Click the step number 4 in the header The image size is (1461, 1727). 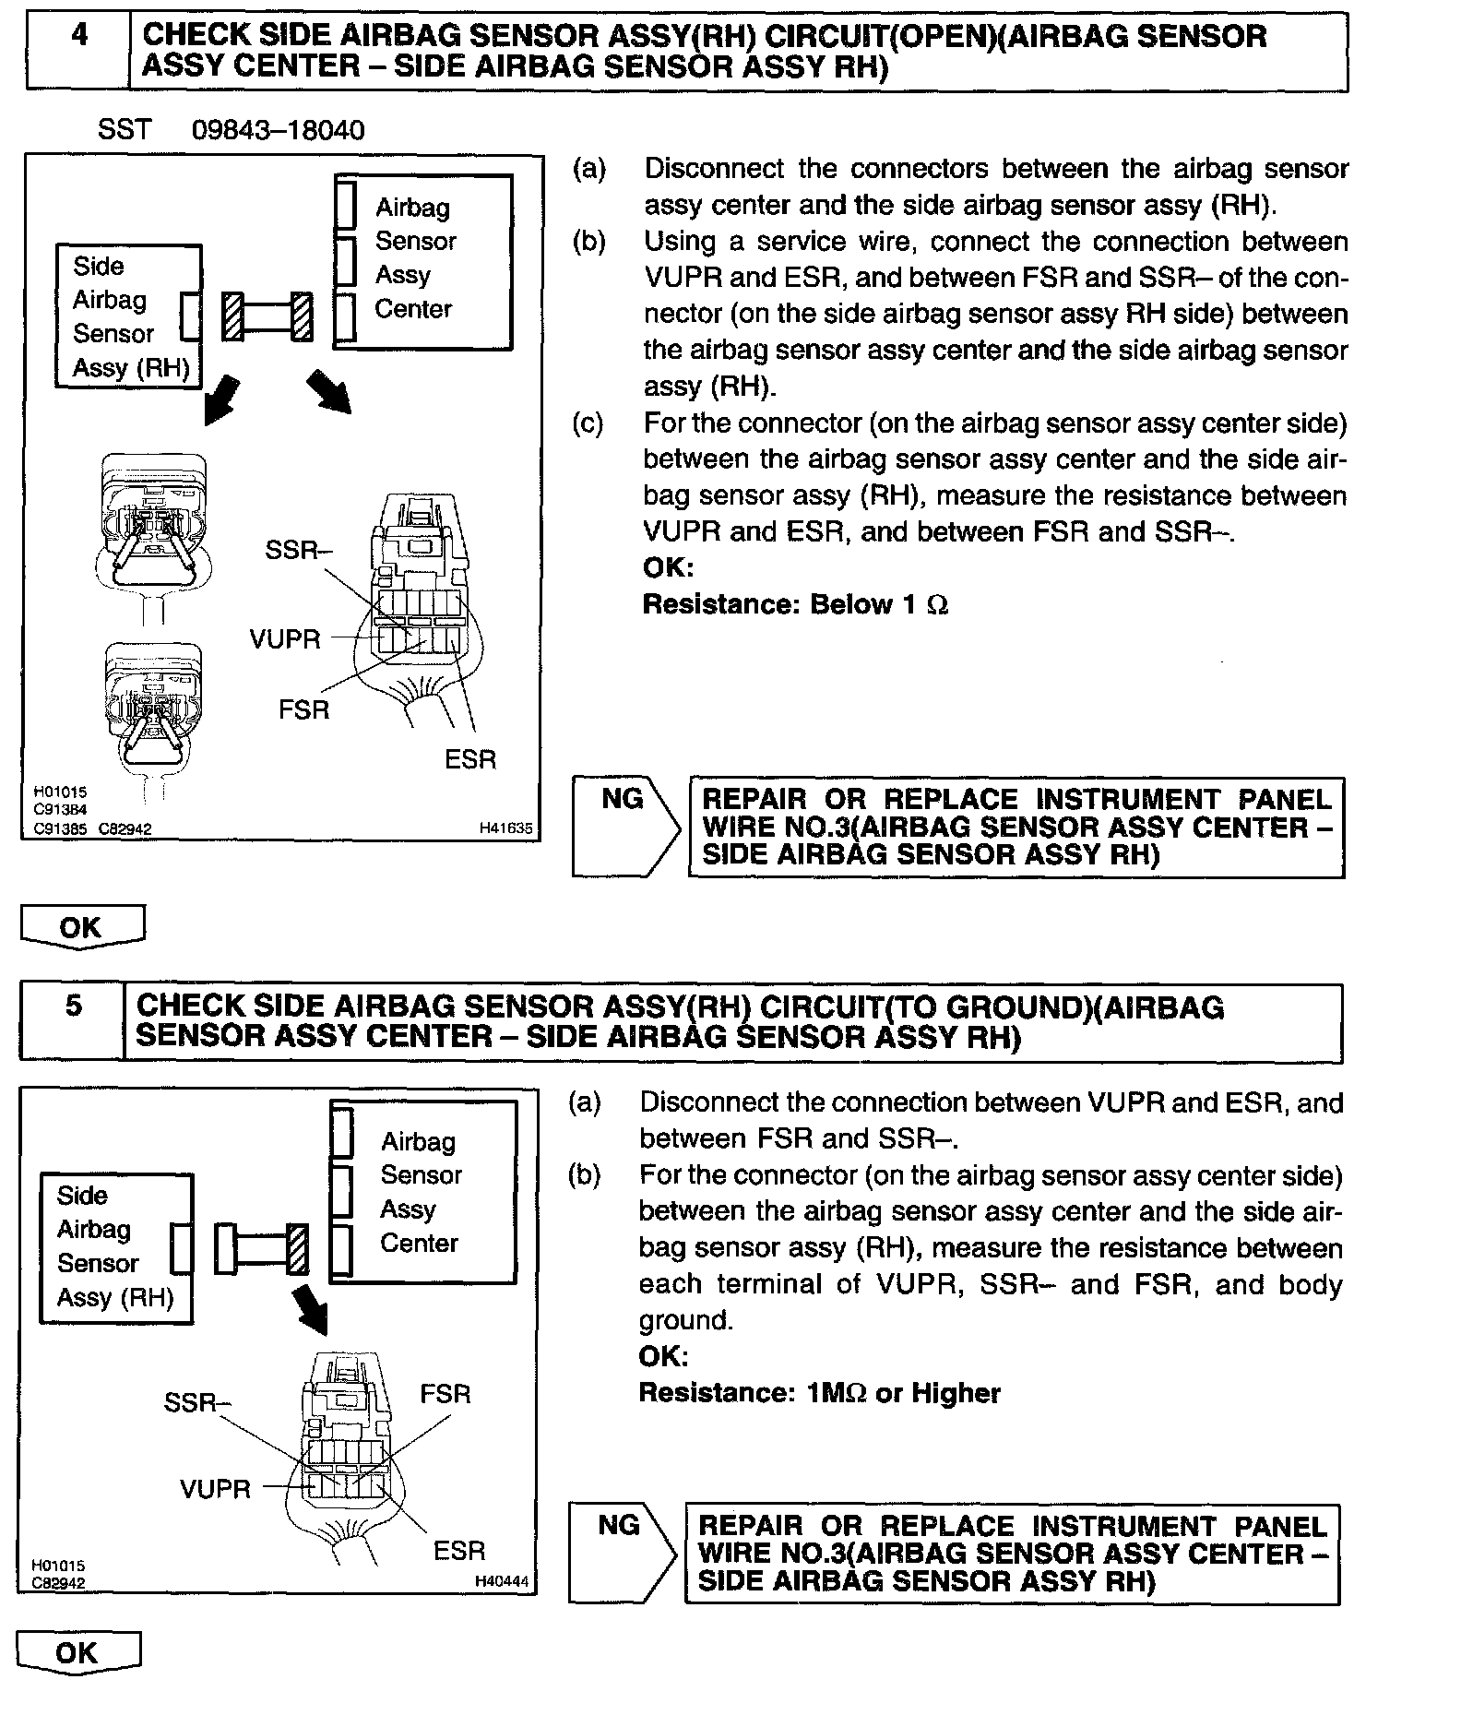pyautogui.click(x=79, y=36)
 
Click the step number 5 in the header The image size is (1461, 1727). pyautogui.click(x=73, y=1006)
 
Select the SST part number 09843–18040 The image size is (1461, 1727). pyautogui.click(x=278, y=130)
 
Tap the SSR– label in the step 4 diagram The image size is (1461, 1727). pyautogui.click(x=298, y=550)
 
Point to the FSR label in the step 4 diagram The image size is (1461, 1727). pyautogui.click(x=303, y=709)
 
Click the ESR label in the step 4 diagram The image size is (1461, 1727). pyautogui.click(x=469, y=759)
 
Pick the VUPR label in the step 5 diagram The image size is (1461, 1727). pyautogui.click(x=215, y=1489)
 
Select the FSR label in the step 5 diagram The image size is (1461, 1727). pyautogui.click(x=445, y=1394)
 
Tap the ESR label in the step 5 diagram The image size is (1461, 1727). pyautogui.click(x=458, y=1551)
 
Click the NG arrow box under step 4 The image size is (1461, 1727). pyautogui.click(x=624, y=826)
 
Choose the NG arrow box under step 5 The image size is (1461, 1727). pyautogui.click(x=621, y=1554)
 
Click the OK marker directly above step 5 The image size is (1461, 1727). pyautogui.click(x=81, y=926)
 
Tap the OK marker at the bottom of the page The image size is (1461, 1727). pyautogui.click(x=77, y=1652)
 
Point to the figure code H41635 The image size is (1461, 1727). pyautogui.click(x=505, y=828)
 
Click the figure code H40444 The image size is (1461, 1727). pyautogui.click(x=502, y=1581)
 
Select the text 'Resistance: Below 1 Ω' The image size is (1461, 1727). pyautogui.click(x=795, y=605)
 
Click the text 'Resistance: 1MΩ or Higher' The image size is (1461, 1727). pyautogui.click(x=819, y=1393)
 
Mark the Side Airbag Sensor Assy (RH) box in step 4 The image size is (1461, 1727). pyautogui.click(x=129, y=316)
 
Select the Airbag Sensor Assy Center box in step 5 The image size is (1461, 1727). pyautogui.click(x=423, y=1192)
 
